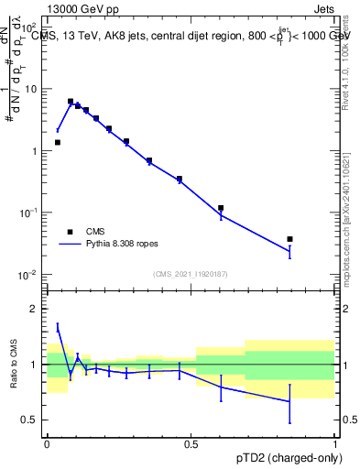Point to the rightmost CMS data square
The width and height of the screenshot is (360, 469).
[290, 239]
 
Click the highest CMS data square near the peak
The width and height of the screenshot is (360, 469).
[71, 102]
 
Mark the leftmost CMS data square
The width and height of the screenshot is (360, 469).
[58, 142]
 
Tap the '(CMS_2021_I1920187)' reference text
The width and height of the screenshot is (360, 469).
[191, 274]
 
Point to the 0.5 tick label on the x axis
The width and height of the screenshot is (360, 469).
[191, 442]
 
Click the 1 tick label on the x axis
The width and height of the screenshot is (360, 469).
[336, 442]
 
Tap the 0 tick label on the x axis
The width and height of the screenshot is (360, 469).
[47, 442]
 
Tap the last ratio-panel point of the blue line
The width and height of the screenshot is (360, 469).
[290, 401]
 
